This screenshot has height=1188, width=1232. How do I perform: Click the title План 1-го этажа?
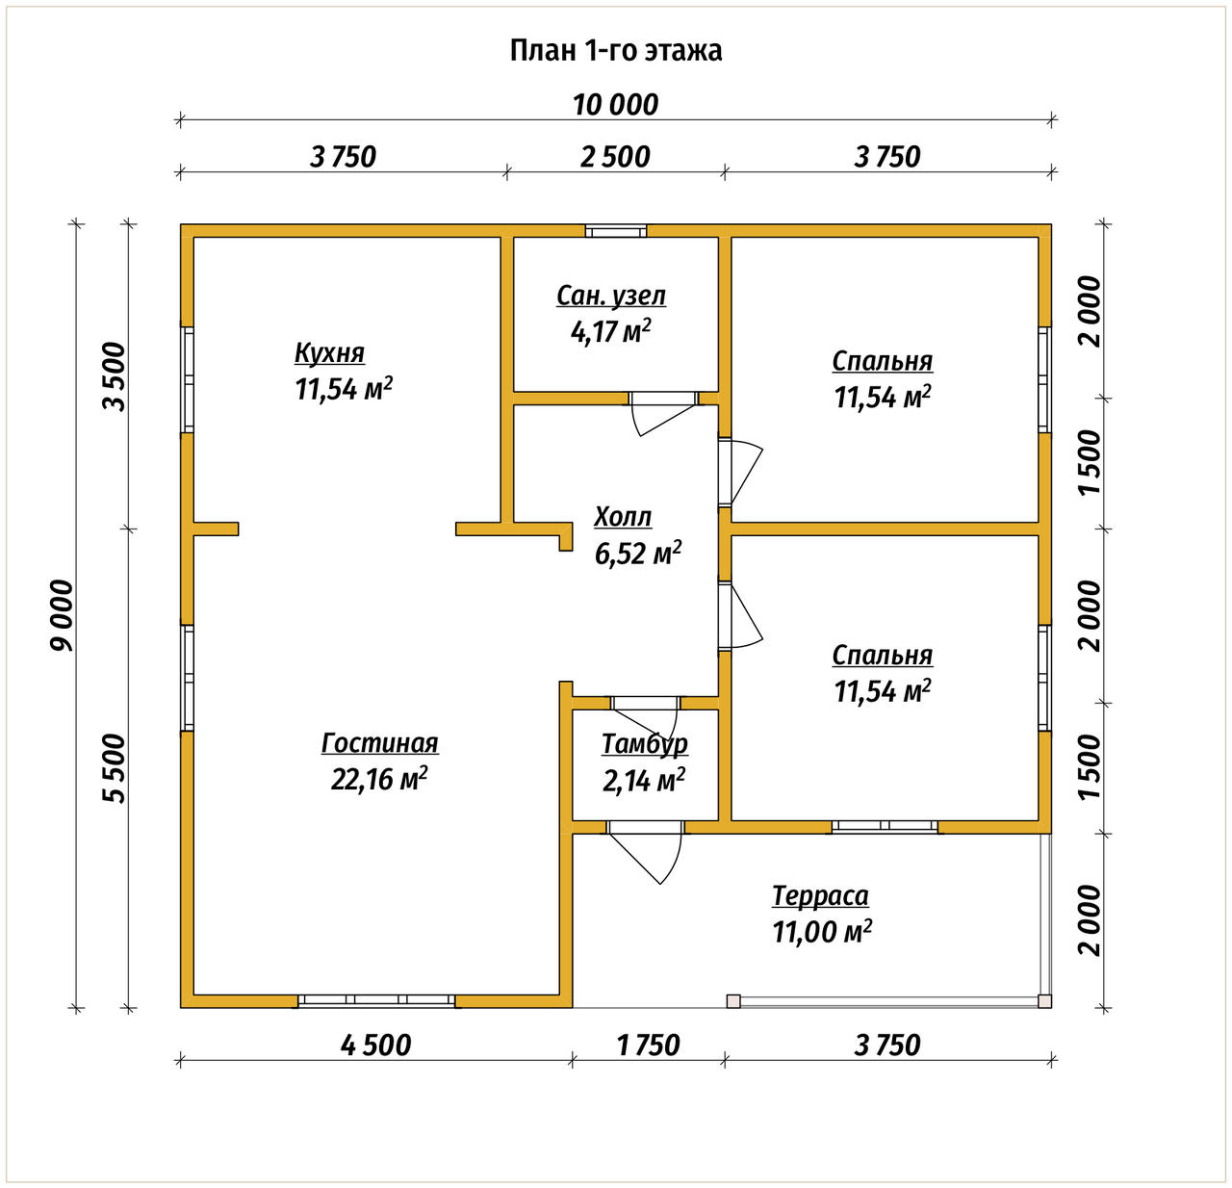[615, 51]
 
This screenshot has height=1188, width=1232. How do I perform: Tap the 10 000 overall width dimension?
[615, 105]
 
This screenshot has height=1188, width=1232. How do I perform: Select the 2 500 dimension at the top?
[615, 157]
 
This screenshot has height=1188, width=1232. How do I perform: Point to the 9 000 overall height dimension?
[64, 615]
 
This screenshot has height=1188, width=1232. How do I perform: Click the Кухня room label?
[329, 352]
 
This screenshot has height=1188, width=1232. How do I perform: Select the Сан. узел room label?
[611, 296]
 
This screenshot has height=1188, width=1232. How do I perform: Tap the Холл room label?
[623, 517]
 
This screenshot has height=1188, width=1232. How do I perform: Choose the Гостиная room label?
[380, 743]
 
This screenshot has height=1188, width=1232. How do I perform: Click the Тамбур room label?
[645, 744]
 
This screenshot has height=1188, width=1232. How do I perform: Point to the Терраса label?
[820, 896]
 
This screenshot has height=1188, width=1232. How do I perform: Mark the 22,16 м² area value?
[378, 778]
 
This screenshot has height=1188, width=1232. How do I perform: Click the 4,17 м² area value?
[611, 331]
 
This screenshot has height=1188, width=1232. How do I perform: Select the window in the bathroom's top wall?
[615, 231]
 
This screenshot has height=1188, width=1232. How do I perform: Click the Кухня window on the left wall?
[187, 379]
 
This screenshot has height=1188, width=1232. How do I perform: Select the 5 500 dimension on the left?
[115, 767]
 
